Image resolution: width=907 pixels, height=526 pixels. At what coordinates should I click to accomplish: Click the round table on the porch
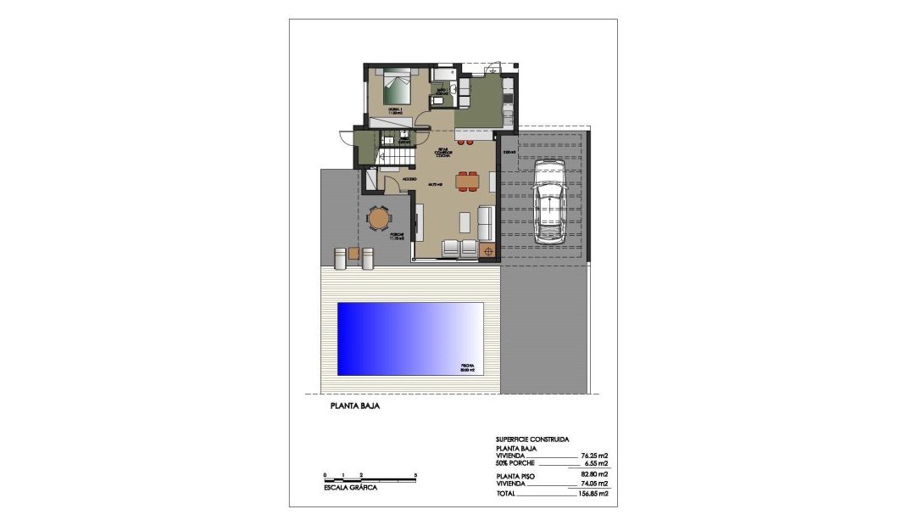pos(379,220)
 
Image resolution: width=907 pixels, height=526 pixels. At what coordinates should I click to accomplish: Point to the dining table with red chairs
pos(466,181)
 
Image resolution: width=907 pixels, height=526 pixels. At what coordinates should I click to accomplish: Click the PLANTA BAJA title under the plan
pos(354,407)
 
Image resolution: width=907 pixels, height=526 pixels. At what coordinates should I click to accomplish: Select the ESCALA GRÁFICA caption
pos(350,488)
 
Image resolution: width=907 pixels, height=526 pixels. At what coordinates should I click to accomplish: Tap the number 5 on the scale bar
pos(415,474)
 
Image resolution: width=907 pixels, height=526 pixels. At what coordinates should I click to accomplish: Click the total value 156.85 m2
pos(594,493)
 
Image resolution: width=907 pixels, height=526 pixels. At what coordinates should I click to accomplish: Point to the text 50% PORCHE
pos(517,464)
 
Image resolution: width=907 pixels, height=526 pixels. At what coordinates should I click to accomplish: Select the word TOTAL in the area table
pos(506,493)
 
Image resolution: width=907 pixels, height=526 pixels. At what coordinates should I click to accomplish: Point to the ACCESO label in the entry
pos(409,180)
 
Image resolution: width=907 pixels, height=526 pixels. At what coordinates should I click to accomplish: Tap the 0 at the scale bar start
pos(325,474)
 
